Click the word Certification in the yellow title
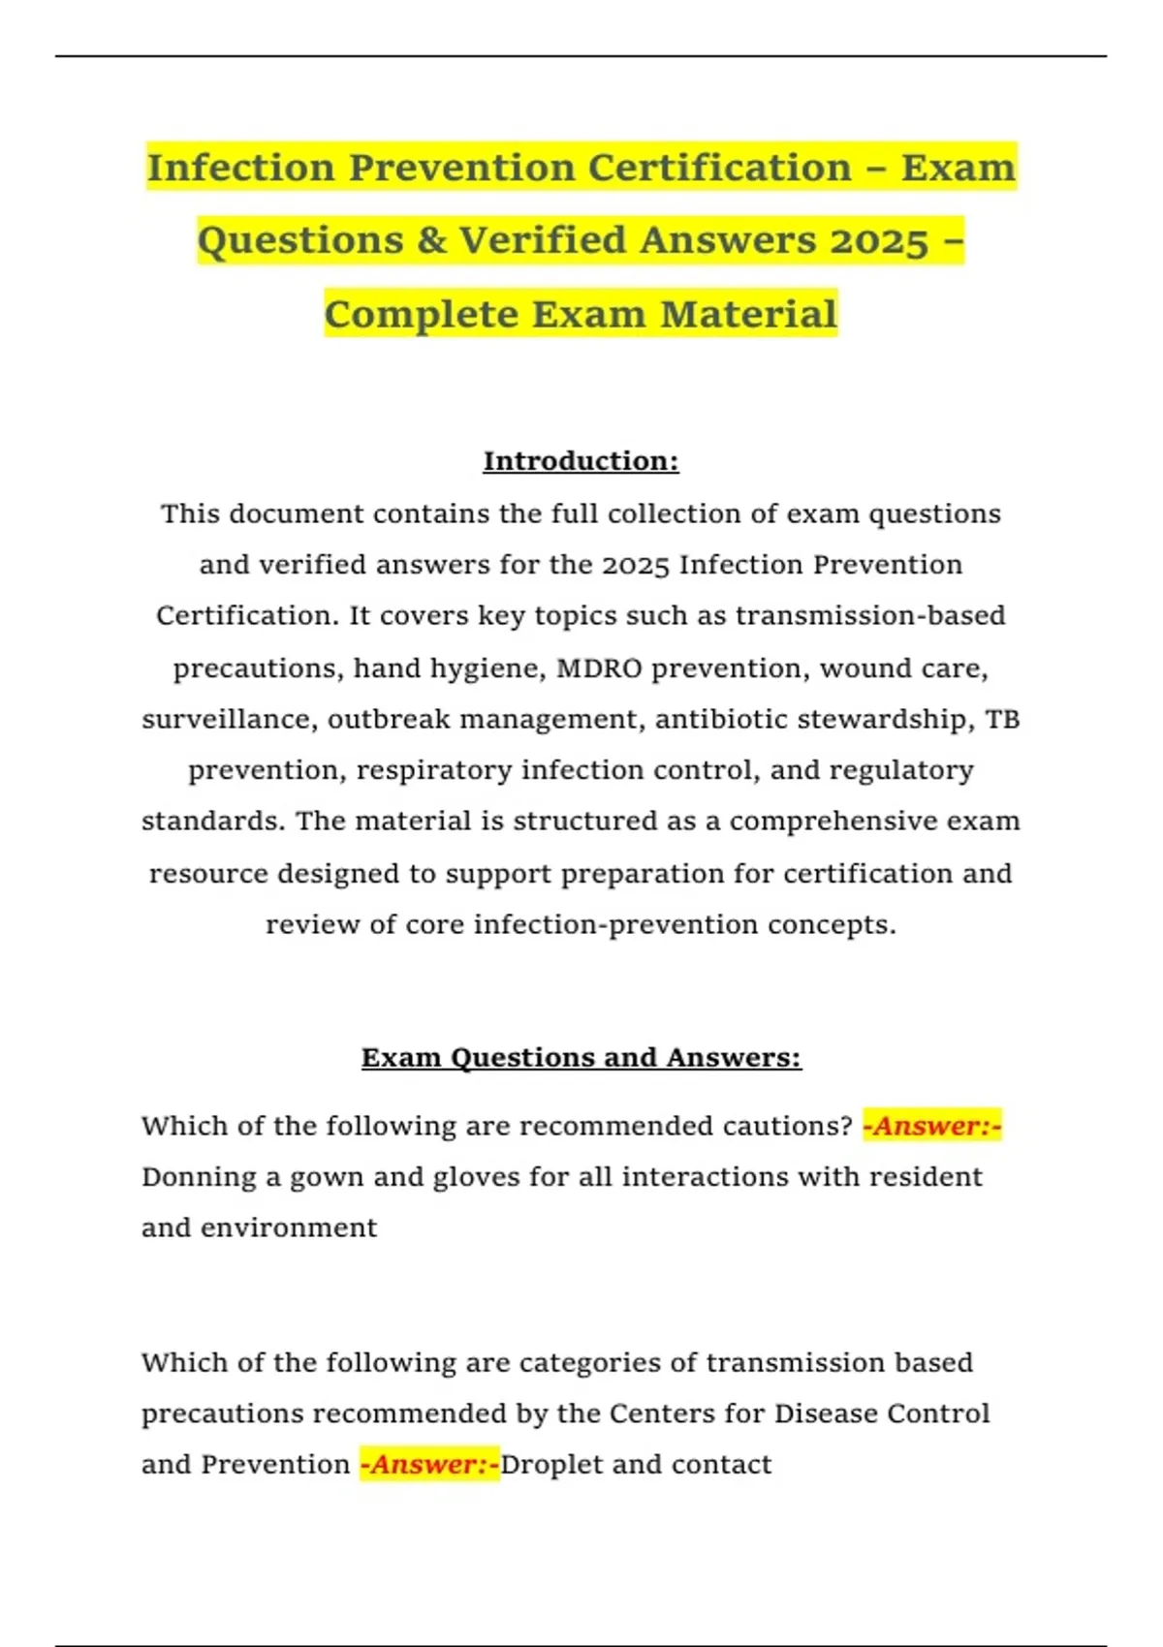pyautogui.click(x=719, y=168)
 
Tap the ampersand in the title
pyautogui.click(x=431, y=240)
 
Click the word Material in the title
pyautogui.click(x=748, y=314)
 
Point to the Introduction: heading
pyautogui.click(x=581, y=461)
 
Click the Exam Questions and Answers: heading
pyautogui.click(x=581, y=1057)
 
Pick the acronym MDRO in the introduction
pyautogui.click(x=598, y=668)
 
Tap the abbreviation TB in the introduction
pyautogui.click(x=1002, y=719)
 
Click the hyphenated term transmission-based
pyautogui.click(x=869, y=616)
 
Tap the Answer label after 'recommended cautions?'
pyautogui.click(x=931, y=1126)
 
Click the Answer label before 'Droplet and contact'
pyautogui.click(x=429, y=1464)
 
